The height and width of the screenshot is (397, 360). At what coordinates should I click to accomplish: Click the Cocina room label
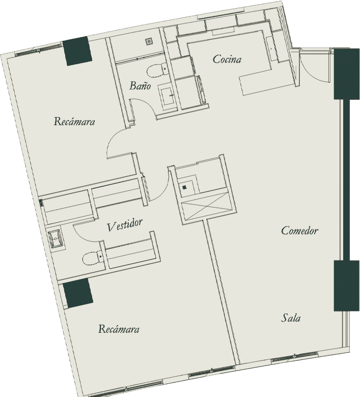pos(227,60)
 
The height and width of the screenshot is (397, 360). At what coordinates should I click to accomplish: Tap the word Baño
pos(140,86)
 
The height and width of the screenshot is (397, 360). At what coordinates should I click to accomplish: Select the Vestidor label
pos(124,225)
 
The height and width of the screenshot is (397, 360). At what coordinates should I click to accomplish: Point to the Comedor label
pos(300,231)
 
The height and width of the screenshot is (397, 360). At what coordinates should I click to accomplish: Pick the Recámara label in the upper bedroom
pos(74,122)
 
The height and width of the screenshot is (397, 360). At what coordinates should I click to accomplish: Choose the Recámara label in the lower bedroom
pos(119,329)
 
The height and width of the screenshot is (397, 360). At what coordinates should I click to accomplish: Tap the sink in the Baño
pos(166,97)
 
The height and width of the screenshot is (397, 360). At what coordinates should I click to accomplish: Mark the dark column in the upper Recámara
pos(77,51)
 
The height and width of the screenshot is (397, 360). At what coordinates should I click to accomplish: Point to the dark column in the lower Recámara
pos(77,293)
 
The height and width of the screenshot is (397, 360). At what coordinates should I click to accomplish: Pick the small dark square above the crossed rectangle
pos(185,187)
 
